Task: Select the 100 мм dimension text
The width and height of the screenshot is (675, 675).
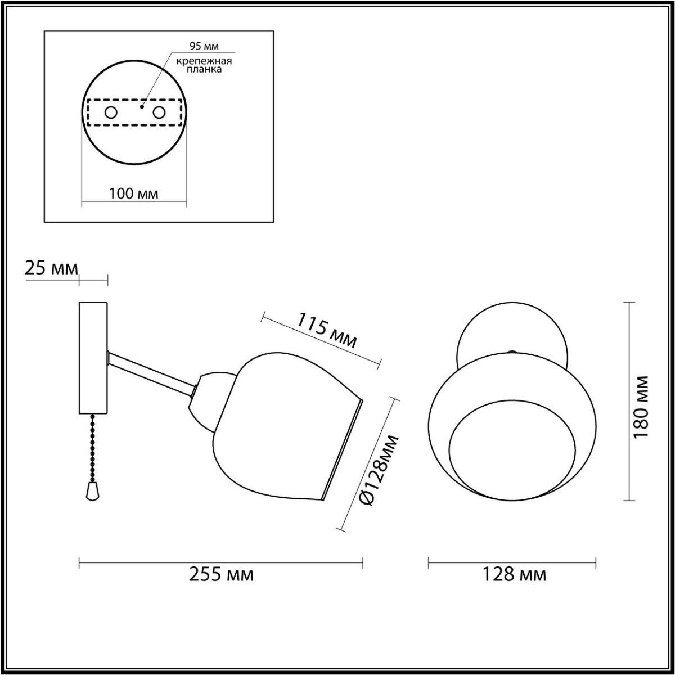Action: [134, 194]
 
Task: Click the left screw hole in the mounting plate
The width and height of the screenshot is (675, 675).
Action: [110, 112]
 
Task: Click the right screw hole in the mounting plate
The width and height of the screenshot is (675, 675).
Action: [159, 112]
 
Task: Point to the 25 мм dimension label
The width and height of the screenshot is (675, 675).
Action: [51, 268]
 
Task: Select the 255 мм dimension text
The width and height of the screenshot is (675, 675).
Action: [221, 575]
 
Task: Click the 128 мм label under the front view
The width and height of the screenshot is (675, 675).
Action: [514, 575]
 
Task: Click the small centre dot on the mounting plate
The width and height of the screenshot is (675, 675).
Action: [141, 105]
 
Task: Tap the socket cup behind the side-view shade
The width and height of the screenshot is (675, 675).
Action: [209, 399]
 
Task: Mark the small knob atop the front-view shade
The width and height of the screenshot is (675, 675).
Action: [511, 353]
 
